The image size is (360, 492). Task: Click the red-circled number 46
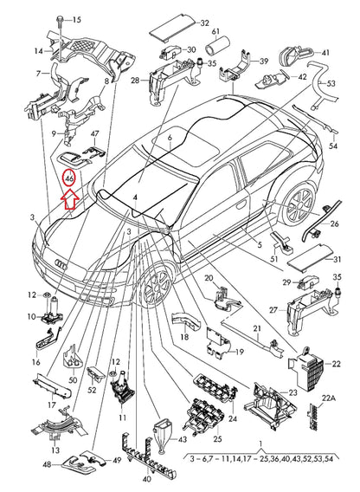[x=69, y=177]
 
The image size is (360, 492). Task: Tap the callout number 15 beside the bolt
[x=74, y=19]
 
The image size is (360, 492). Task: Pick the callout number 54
[x=332, y=147]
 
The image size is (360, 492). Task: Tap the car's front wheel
[x=157, y=285]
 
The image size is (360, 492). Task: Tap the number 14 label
[x=37, y=51]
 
